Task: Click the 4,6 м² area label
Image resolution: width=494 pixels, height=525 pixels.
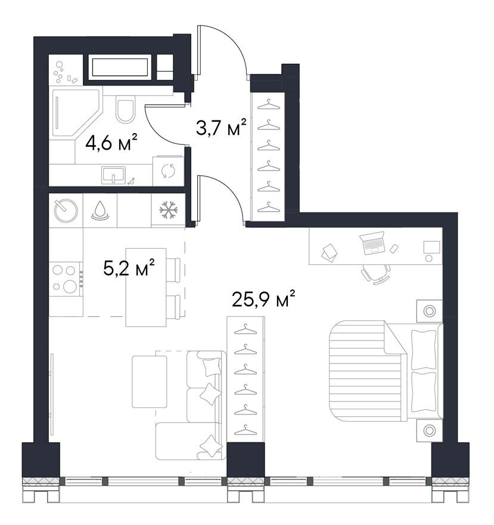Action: pyautogui.click(x=111, y=143)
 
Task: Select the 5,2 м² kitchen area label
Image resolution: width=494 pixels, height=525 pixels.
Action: pyautogui.click(x=129, y=267)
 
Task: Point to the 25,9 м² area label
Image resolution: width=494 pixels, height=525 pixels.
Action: pyautogui.click(x=263, y=299)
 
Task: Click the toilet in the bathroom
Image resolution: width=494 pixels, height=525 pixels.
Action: pyautogui.click(x=125, y=109)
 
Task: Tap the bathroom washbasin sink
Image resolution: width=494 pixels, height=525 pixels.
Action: pyautogui.click(x=113, y=175)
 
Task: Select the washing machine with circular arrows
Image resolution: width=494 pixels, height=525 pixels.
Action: pyautogui.click(x=168, y=171)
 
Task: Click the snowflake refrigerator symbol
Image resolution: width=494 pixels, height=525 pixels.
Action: pyautogui.click(x=168, y=211)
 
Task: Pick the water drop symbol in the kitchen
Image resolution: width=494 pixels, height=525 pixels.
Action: pyautogui.click(x=100, y=211)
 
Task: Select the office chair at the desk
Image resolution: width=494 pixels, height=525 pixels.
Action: pyautogui.click(x=375, y=274)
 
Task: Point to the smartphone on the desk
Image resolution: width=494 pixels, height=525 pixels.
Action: pyautogui.click(x=394, y=248)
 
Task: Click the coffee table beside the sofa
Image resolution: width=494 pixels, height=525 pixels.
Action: pyautogui.click(x=149, y=382)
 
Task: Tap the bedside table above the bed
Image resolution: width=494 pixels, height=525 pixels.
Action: pyautogui.click(x=429, y=311)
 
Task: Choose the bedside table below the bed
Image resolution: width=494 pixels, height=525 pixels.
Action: pyautogui.click(x=429, y=430)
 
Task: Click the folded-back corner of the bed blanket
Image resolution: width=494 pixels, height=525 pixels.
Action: pyautogui.click(x=394, y=338)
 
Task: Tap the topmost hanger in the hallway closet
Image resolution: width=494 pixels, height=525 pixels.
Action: pyautogui.click(x=269, y=104)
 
